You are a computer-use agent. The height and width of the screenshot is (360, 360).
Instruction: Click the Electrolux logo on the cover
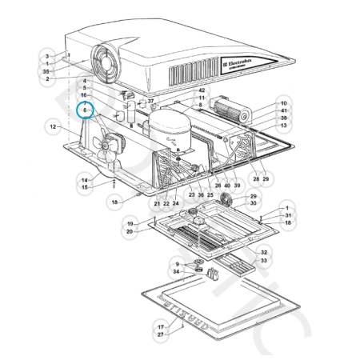point(241,60)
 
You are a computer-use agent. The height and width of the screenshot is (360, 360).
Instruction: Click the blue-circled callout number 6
point(85,111)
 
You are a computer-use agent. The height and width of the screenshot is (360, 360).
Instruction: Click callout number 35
point(46,71)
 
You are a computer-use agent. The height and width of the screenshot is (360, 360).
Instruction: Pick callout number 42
point(202,90)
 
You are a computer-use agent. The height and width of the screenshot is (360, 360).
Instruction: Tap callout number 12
point(52,126)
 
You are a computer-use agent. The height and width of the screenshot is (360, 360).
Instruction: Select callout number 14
point(84,180)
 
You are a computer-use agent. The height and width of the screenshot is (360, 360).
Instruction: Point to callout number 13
point(283,126)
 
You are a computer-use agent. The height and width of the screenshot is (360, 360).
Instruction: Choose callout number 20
point(129,231)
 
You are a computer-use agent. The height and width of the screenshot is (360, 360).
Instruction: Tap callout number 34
point(175,271)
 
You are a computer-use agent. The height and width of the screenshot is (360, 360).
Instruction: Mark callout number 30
point(254,203)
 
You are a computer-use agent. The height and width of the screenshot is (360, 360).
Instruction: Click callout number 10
point(283,103)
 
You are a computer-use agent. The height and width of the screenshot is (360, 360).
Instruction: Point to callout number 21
point(158,204)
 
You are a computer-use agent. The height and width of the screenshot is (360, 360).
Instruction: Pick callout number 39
point(237,185)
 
